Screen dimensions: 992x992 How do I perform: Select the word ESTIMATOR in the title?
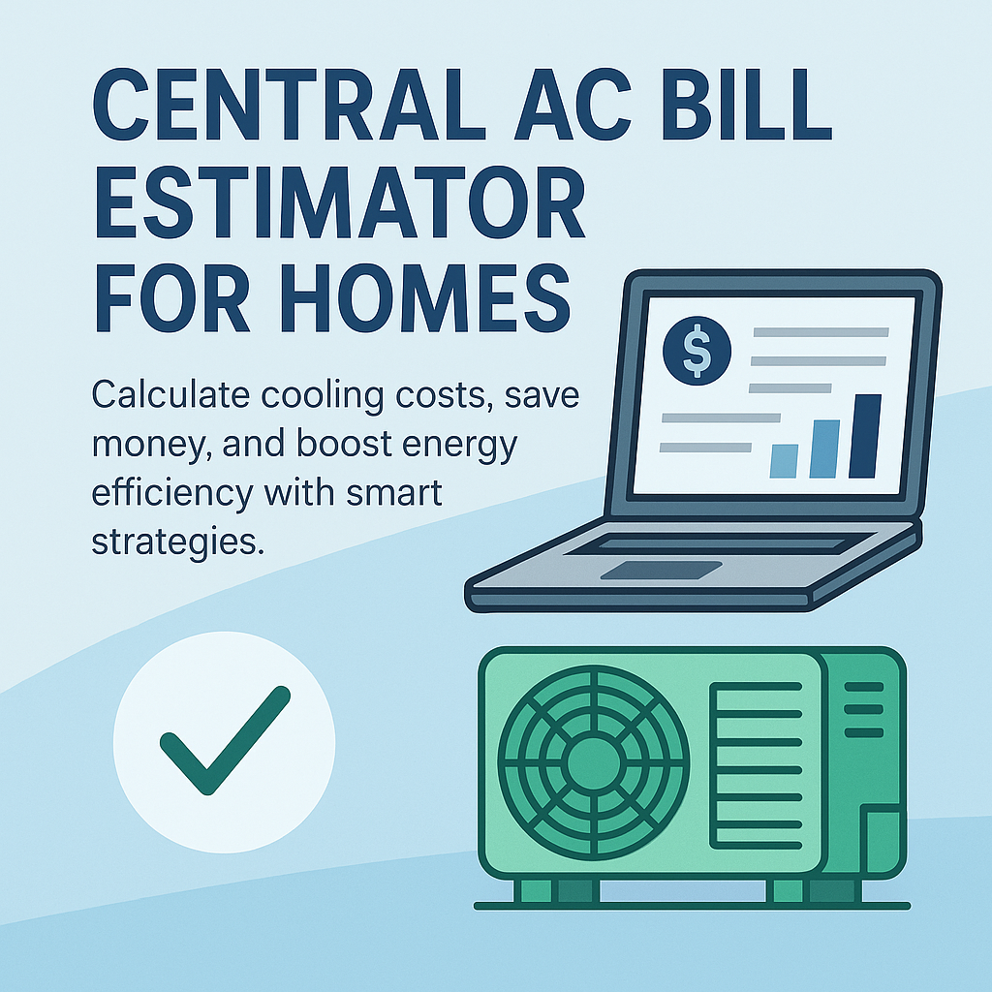coord(339,207)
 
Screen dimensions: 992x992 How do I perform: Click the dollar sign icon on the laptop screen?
coord(694,350)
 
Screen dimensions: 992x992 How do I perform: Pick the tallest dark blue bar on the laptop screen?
coord(864,436)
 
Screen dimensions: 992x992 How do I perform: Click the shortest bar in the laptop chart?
coord(783,460)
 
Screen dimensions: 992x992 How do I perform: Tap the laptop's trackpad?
coord(660,570)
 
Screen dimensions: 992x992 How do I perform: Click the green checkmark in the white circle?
coord(224,741)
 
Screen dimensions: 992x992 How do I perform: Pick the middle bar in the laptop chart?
coord(823,449)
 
